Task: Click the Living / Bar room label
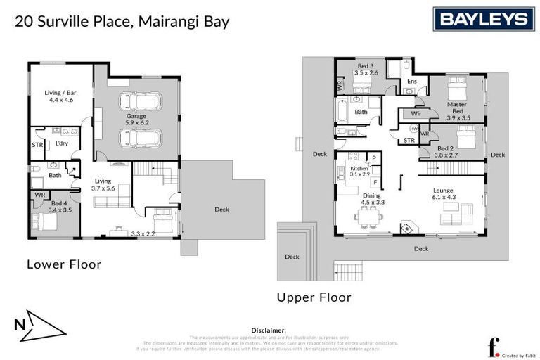point(61,96)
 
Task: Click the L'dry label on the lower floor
point(61,143)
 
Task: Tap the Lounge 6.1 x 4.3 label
point(443,194)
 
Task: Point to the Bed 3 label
point(366,69)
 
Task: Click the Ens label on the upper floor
point(412,81)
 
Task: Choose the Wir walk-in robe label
point(416,113)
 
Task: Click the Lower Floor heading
point(64,265)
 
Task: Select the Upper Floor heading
point(314,297)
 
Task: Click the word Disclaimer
point(269,330)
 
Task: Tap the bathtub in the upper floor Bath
point(342,112)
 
